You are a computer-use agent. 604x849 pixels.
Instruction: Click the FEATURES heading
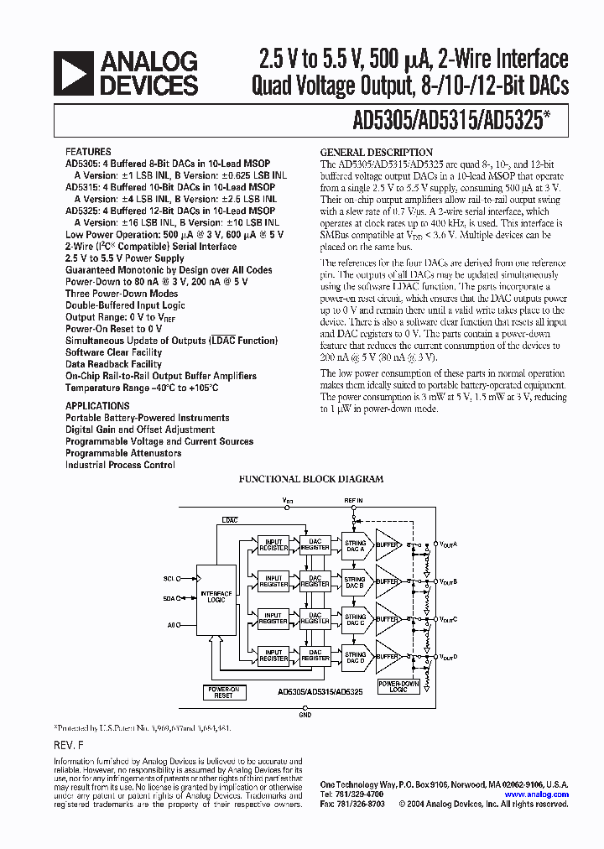coord(87,153)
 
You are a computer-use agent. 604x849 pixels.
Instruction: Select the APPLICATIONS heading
coord(97,406)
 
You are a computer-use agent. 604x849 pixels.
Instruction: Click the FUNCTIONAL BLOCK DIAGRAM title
coord(311,479)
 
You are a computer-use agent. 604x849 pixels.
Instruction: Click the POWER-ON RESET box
coord(223,692)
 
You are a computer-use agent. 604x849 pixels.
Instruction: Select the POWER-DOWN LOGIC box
coord(398,686)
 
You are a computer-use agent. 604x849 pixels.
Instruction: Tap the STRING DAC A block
coord(355,546)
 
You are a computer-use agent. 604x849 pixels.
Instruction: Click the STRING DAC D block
coord(355,657)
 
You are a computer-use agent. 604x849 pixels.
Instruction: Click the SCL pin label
coord(169,578)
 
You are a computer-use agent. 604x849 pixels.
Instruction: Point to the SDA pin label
coord(169,598)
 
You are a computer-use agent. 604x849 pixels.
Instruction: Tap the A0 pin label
coord(171,624)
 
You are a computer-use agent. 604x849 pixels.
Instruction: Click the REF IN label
coord(354,500)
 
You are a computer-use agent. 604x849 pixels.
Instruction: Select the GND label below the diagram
coord(305,715)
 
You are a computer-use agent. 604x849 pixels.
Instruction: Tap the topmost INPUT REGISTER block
coord(273,546)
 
